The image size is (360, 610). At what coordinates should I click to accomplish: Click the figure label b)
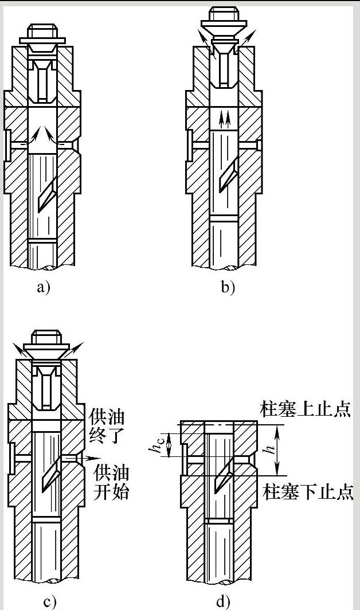228,287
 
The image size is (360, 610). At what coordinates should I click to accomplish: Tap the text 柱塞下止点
308,491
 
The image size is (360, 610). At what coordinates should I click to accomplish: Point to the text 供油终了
109,425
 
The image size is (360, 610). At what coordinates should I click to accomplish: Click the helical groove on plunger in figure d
222,473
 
